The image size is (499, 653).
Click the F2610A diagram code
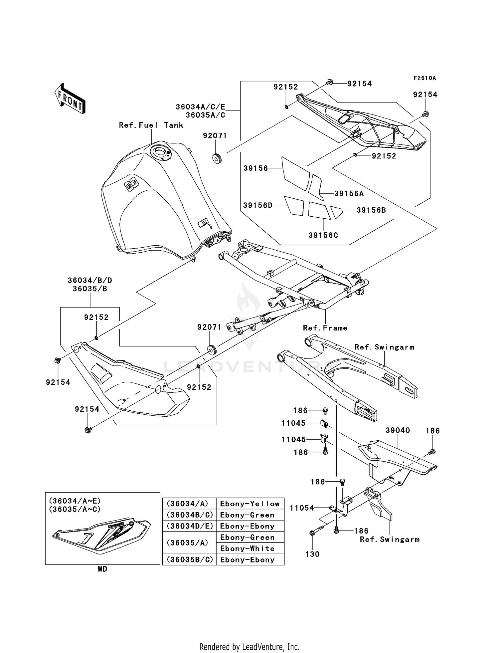click(x=424, y=78)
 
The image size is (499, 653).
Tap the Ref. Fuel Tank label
click(x=151, y=125)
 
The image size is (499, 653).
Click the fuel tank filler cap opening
click(x=160, y=152)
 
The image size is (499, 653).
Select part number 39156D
click(x=257, y=205)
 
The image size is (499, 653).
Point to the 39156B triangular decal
click(x=336, y=212)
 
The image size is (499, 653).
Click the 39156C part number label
click(x=323, y=235)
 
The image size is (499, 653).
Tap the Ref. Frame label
click(x=325, y=328)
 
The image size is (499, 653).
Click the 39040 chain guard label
click(x=398, y=430)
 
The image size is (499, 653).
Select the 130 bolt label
click(x=312, y=554)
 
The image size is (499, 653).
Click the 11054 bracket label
click(x=302, y=508)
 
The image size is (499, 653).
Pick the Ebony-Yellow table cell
click(x=250, y=504)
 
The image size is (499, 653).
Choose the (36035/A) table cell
click(x=189, y=543)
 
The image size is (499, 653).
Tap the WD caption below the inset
click(x=102, y=569)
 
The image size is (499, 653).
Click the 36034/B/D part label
click(x=90, y=280)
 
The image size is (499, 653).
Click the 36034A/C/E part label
click(x=200, y=107)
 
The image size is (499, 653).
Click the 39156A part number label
click(x=349, y=194)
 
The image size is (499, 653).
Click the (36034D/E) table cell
click(x=189, y=526)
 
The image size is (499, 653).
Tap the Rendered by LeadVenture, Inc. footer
click(x=249, y=647)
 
